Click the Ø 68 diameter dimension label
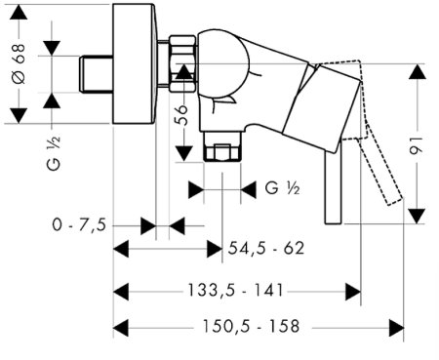pos(19,63)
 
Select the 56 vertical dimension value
pos(182,115)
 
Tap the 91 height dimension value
pos(417,145)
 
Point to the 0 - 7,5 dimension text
pos(79,224)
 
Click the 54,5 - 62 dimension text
pos(266,249)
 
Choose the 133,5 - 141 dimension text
pos(235,290)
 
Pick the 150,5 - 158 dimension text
pos(251,326)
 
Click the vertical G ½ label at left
pos(54,153)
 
